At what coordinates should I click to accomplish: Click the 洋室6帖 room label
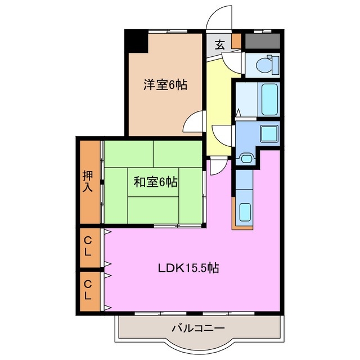click(165, 85)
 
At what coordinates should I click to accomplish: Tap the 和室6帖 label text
click(156, 182)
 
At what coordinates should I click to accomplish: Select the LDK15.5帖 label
click(188, 268)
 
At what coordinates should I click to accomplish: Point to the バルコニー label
click(198, 328)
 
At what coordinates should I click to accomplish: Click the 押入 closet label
click(88, 181)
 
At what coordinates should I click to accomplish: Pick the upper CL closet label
click(88, 246)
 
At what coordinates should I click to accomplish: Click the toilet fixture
click(264, 65)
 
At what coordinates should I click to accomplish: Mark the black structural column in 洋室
click(135, 42)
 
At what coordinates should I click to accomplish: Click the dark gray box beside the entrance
click(262, 40)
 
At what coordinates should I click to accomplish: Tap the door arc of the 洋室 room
click(195, 120)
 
